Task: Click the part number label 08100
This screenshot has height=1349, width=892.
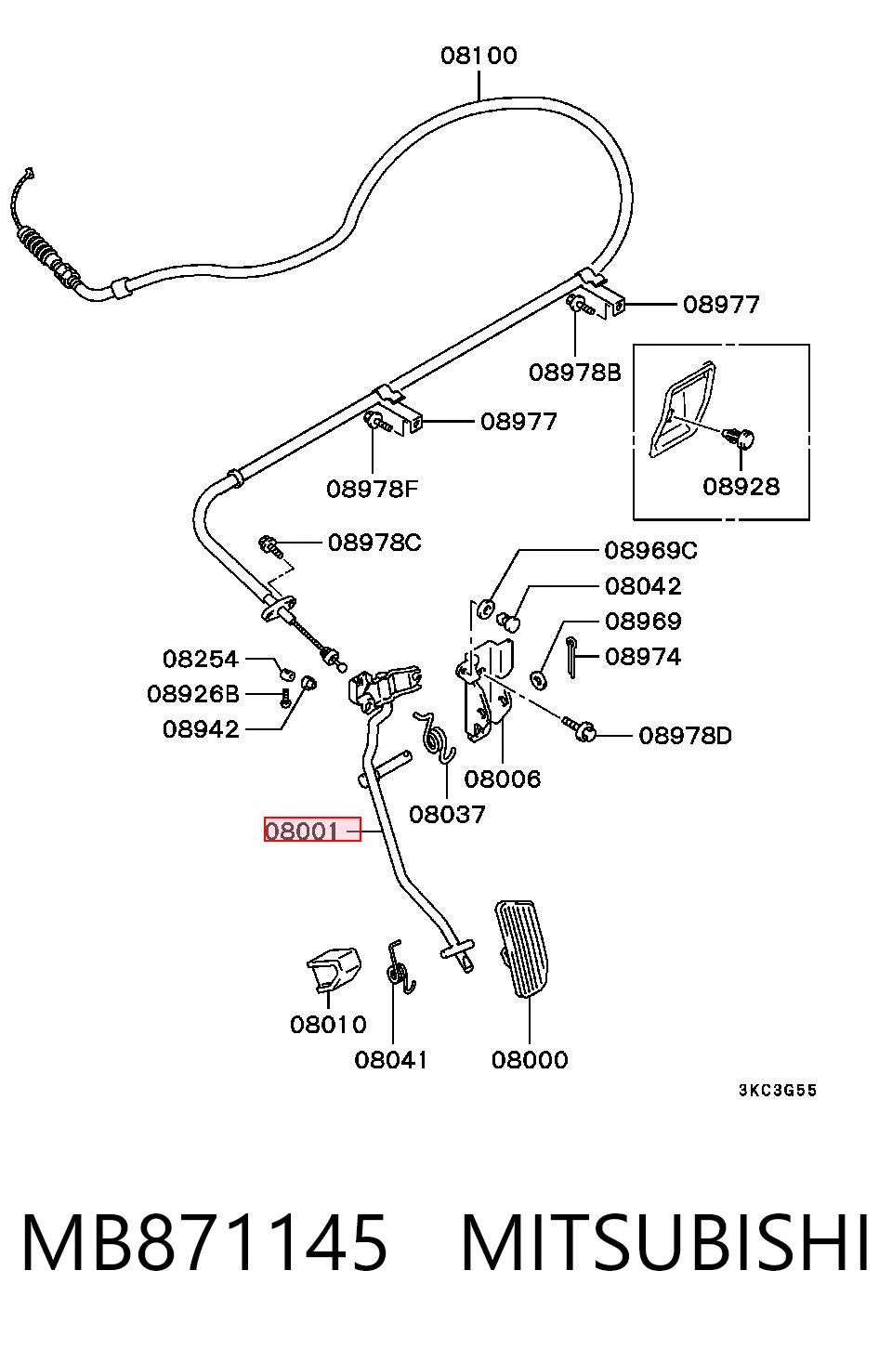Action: pyautogui.click(x=479, y=56)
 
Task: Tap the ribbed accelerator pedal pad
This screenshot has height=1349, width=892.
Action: pyautogui.click(x=522, y=948)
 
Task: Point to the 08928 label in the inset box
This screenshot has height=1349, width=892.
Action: pyautogui.click(x=741, y=487)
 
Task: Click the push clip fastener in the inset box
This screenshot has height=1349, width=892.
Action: pyautogui.click(x=741, y=438)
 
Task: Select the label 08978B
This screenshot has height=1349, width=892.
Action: pyautogui.click(x=574, y=373)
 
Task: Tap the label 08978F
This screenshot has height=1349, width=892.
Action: pyautogui.click(x=373, y=489)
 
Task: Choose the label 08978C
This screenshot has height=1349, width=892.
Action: pyautogui.click(x=374, y=543)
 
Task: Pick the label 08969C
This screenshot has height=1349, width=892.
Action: pyautogui.click(x=651, y=550)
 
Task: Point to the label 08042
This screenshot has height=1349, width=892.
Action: pyautogui.click(x=643, y=586)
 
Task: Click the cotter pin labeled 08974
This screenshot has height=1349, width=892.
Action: pyautogui.click(x=571, y=657)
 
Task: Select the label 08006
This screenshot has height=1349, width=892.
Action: pyautogui.click(x=503, y=779)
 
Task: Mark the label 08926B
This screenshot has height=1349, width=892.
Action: pyautogui.click(x=193, y=694)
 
